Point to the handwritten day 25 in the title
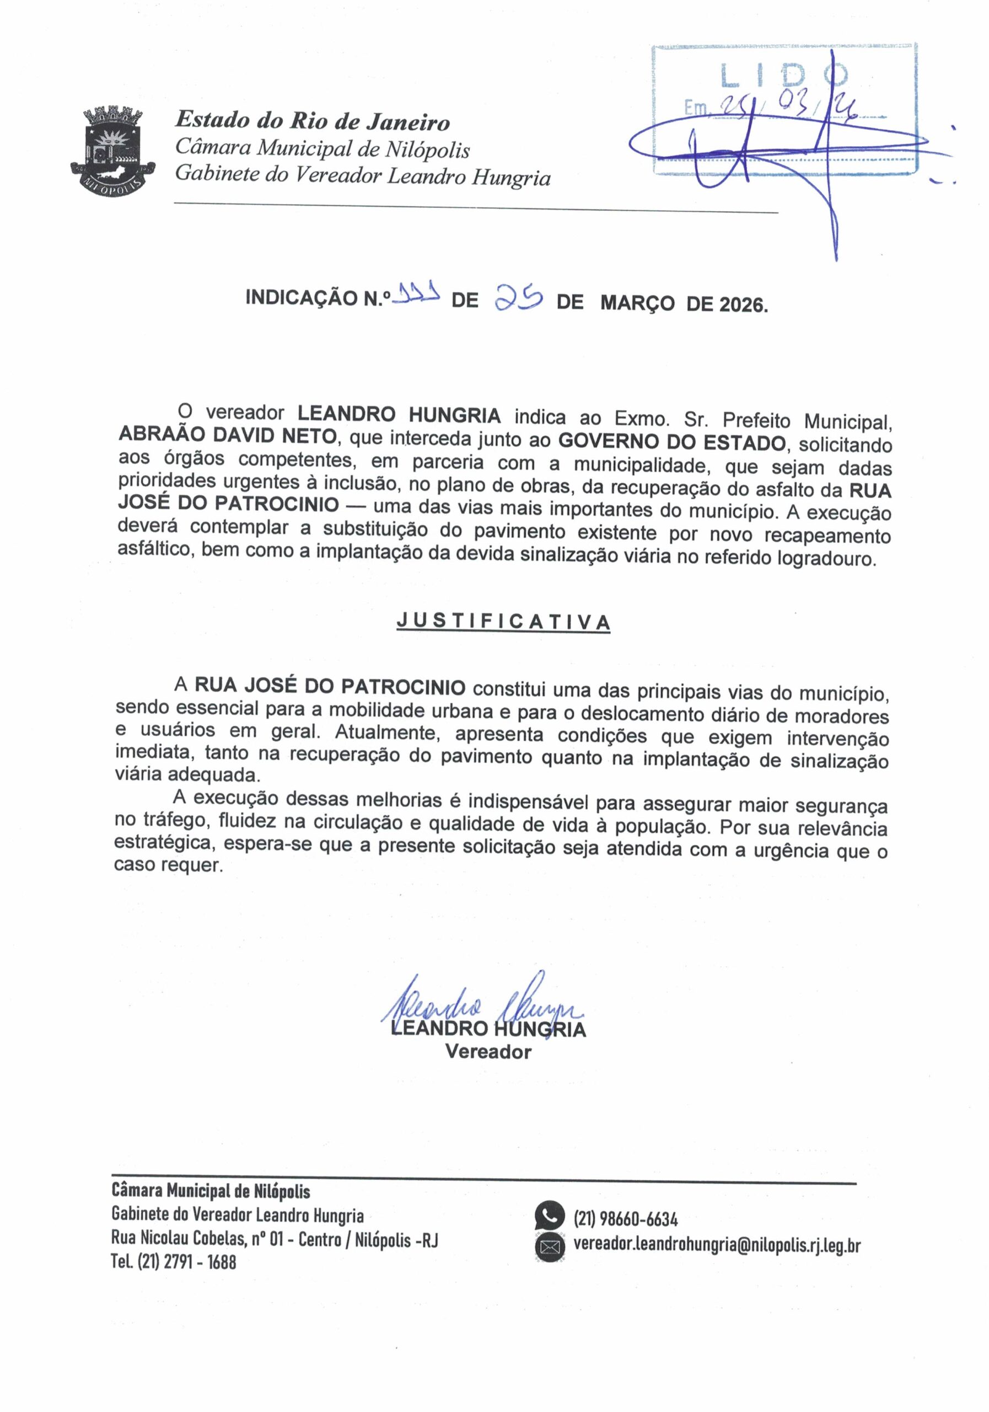(518, 298)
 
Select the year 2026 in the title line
(741, 304)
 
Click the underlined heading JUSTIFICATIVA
(503, 622)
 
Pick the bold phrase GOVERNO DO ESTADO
(671, 442)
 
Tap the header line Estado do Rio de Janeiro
(312, 121)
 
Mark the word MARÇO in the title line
(637, 303)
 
